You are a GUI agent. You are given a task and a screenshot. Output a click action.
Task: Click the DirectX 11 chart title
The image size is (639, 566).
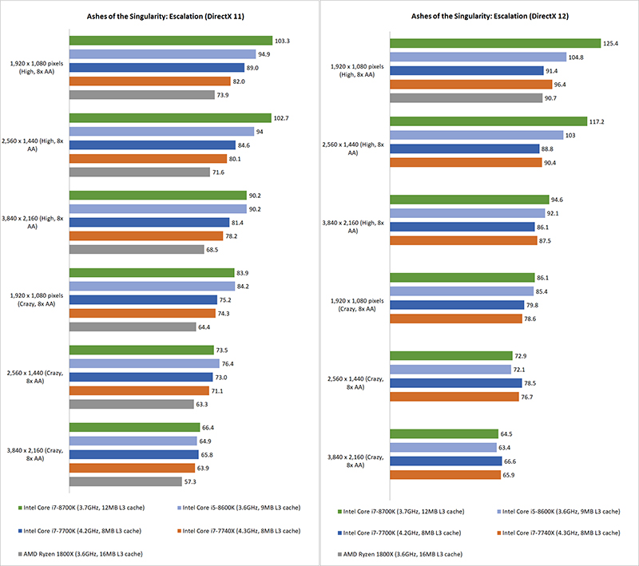tap(160, 16)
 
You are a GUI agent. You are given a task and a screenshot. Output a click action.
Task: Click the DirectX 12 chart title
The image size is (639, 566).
tap(480, 16)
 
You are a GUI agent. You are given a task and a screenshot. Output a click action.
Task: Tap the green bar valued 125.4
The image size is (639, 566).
tap(494, 43)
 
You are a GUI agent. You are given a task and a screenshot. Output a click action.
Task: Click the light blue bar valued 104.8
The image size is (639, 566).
tap(476, 57)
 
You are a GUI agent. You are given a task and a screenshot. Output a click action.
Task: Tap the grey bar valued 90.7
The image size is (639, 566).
tap(466, 98)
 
